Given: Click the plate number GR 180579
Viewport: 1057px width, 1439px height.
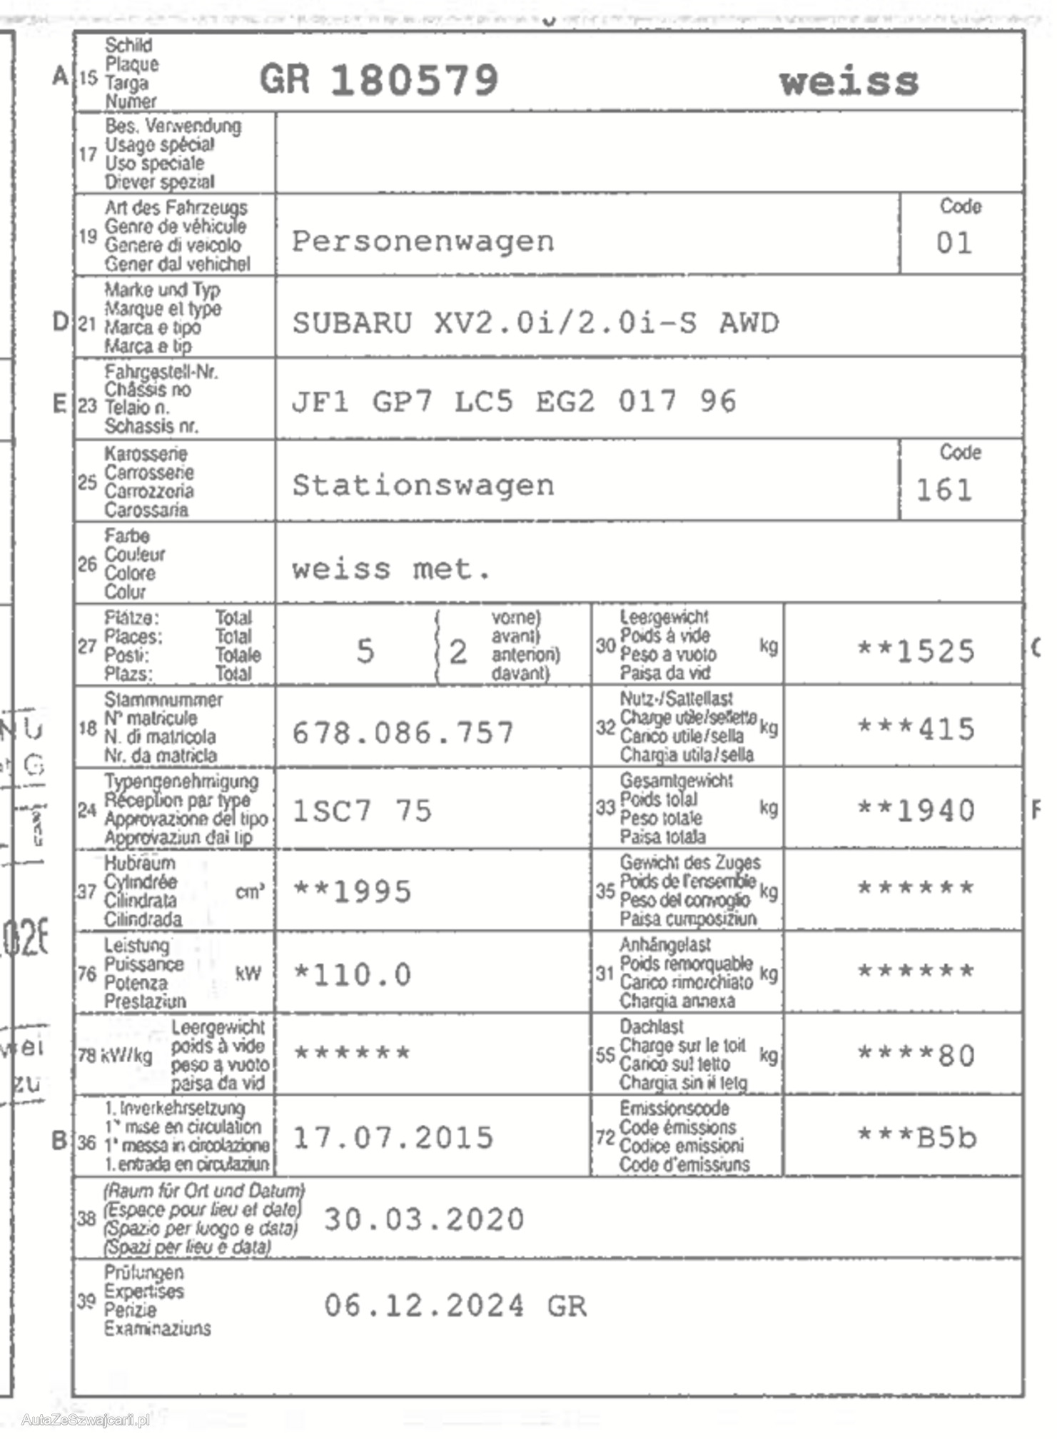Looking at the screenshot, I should tap(379, 79).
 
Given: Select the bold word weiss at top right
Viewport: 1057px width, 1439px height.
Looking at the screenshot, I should tap(849, 82).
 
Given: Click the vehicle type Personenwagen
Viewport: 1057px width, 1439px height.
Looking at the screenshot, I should tap(423, 241).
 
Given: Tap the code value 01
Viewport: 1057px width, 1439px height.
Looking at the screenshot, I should tap(954, 243).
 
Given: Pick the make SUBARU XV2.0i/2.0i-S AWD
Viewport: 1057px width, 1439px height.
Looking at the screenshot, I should tap(535, 323).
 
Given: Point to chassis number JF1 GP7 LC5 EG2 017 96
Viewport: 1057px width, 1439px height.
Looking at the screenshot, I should tap(514, 402).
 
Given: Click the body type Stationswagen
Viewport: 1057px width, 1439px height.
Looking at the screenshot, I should tap(423, 486).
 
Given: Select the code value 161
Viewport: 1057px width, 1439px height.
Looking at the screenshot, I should tap(944, 490).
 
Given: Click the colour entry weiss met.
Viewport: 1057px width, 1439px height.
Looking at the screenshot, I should tap(391, 570).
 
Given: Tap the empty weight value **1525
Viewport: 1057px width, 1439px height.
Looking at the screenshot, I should tap(916, 652).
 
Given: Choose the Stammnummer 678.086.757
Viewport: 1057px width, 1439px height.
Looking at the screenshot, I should tap(403, 733).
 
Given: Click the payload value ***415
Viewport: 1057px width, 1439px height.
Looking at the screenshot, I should tap(916, 729).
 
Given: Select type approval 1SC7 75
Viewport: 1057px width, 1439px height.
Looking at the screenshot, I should tap(363, 812).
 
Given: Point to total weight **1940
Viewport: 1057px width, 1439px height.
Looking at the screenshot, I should tap(916, 811).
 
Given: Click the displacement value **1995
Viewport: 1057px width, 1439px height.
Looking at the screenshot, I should tap(353, 892).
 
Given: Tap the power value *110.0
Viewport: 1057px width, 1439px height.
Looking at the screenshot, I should tap(353, 975).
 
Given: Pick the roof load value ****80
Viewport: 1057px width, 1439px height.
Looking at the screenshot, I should tap(916, 1056).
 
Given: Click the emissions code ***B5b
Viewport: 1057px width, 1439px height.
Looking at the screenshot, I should tap(916, 1138).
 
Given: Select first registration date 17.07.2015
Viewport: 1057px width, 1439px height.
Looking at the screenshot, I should tap(393, 1138).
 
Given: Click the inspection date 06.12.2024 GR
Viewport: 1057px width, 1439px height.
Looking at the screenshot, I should tap(455, 1306).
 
